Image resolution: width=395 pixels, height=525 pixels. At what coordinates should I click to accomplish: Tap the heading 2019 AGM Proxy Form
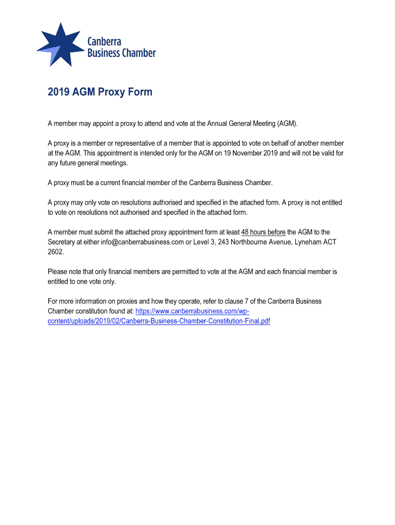point(100,92)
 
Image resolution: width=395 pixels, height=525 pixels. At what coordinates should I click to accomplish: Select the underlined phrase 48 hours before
point(263,232)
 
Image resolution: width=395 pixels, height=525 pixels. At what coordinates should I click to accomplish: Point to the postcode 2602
point(56,252)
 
